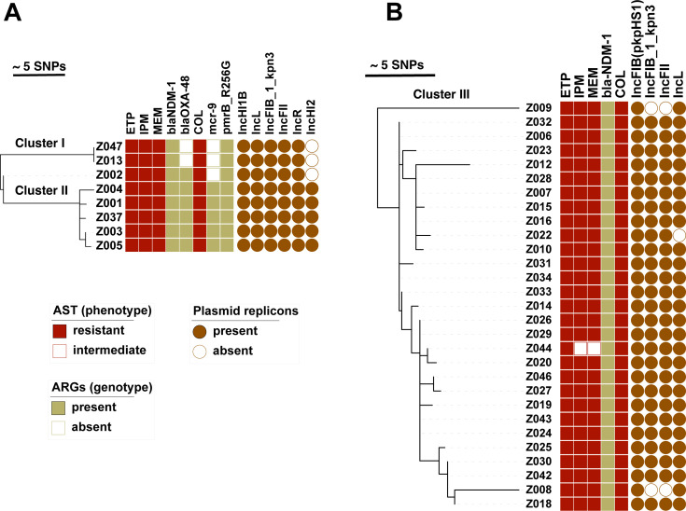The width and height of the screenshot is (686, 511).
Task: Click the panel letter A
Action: [13, 13]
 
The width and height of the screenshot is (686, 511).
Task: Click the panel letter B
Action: [394, 13]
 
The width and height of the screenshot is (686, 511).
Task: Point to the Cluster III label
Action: [441, 94]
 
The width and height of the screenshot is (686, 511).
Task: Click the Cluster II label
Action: [41, 190]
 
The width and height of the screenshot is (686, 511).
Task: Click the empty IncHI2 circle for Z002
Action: [312, 175]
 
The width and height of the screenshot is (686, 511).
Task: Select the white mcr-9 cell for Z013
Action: [213, 160]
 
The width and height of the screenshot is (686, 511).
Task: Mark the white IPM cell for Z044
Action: [581, 349]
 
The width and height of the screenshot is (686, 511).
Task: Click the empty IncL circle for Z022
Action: [679, 235]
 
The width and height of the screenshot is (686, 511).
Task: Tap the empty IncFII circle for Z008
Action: [665, 490]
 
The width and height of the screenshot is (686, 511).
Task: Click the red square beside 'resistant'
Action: [59, 331]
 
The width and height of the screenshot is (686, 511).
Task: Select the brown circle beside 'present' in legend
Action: [199, 331]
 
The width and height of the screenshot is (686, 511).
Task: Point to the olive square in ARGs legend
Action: [58, 407]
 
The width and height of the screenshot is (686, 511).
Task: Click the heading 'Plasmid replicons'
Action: [245, 311]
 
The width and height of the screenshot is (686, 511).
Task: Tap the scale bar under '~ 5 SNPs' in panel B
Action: [399, 76]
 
